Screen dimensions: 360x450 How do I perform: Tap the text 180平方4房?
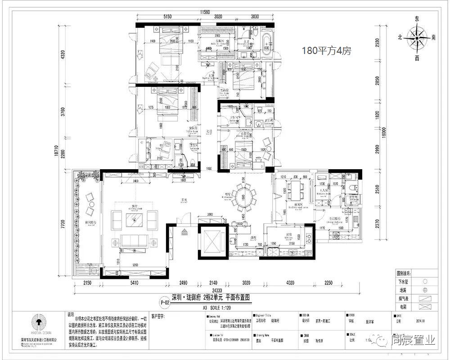pos(327,52)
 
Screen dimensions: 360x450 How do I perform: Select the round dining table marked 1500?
pos(243,196)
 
